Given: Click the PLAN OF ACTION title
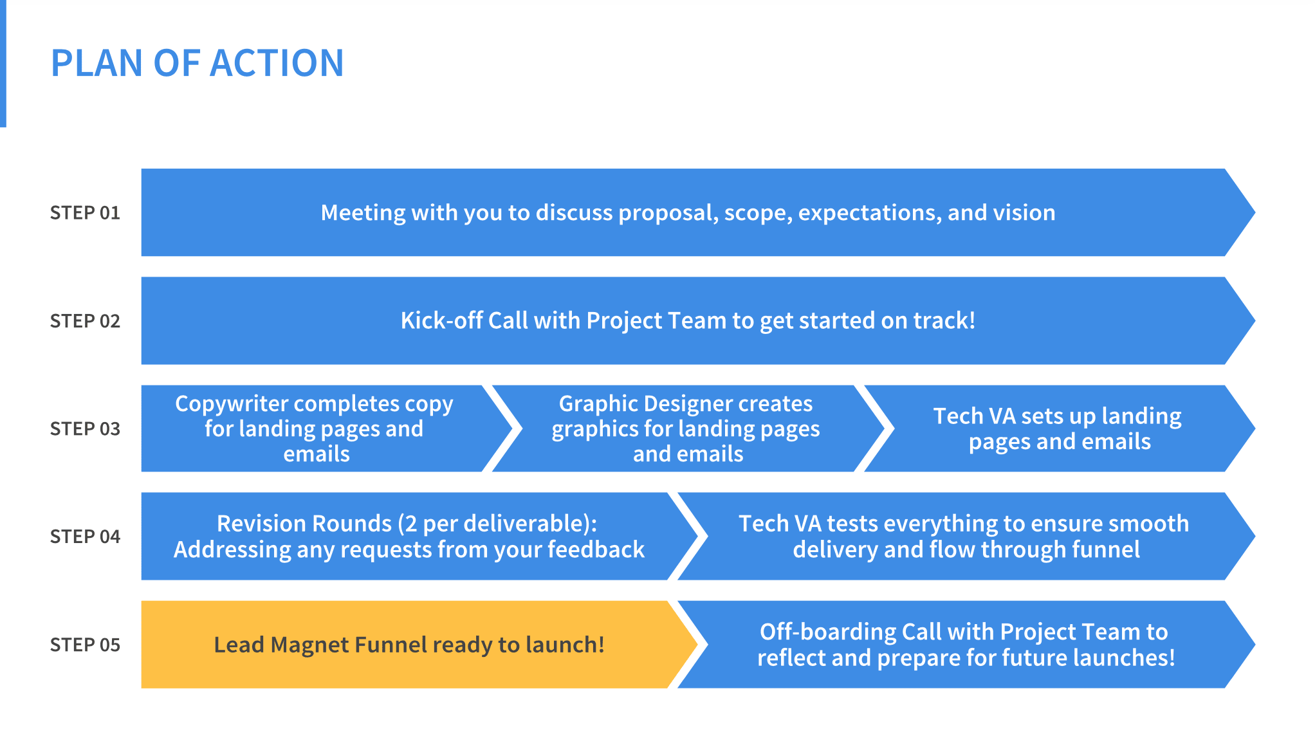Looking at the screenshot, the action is (x=198, y=63).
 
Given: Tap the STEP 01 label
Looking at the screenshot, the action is (x=85, y=213).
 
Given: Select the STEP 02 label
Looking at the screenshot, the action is (x=85, y=321).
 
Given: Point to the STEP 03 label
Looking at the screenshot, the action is (x=85, y=429).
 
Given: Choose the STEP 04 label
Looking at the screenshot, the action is (x=85, y=537).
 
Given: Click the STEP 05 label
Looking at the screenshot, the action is (x=85, y=645).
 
